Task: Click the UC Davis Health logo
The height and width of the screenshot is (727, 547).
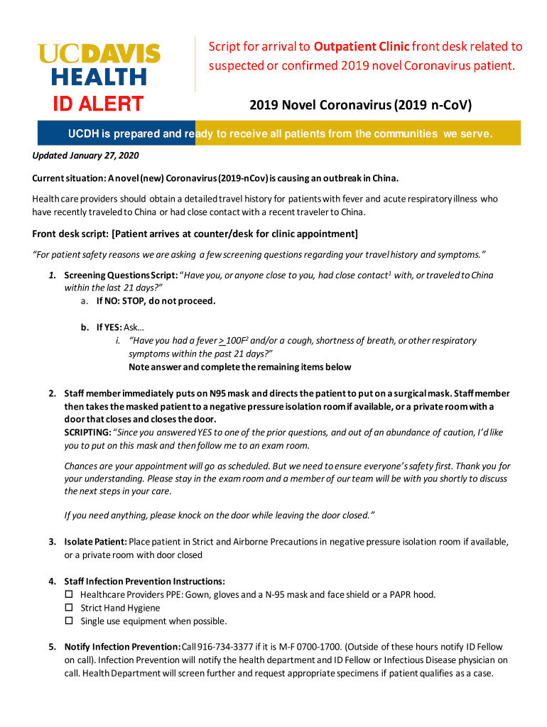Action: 99,64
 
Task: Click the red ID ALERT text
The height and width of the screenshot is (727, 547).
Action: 99,104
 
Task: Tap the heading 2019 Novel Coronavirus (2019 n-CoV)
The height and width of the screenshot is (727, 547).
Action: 360,106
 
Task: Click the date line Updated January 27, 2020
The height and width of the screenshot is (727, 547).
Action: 76,156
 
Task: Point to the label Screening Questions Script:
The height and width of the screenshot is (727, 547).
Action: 120,275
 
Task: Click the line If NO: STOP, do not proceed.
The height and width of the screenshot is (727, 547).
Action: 156,300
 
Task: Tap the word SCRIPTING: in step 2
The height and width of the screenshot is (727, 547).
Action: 87,432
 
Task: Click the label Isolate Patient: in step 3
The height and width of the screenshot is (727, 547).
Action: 95,542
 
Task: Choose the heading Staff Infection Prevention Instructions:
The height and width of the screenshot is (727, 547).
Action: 144,581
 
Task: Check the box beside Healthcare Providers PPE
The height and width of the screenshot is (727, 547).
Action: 69,594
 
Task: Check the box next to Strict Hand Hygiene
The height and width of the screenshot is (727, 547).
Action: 69,608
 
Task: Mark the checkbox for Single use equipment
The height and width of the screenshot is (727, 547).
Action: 69,621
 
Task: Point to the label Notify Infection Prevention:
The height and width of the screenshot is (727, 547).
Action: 122,647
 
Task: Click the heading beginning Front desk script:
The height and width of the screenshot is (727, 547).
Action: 195,234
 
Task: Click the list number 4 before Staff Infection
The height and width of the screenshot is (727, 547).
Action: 52,581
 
